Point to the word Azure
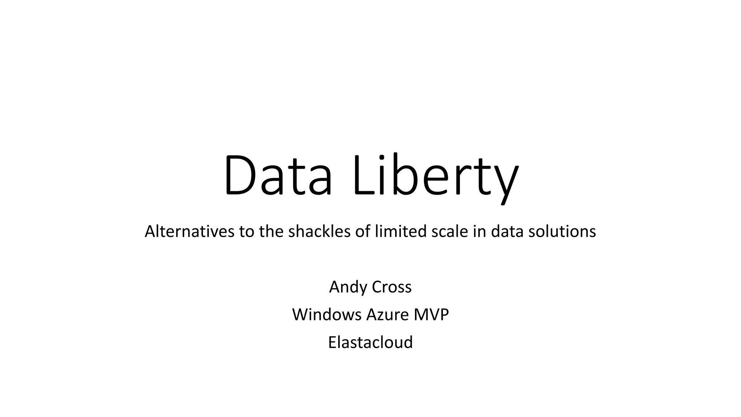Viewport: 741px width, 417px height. tap(387, 315)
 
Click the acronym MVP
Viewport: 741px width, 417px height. tap(431, 315)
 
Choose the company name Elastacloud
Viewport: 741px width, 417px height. tap(370, 342)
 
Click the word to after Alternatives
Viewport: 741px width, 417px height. tap(247, 231)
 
